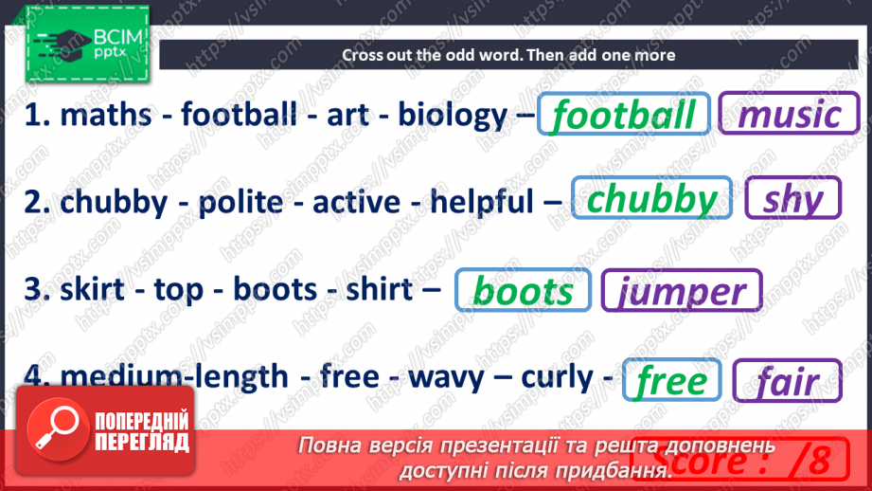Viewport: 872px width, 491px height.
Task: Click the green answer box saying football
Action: pyautogui.click(x=623, y=116)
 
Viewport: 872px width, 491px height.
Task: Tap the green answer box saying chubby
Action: pyautogui.click(x=651, y=200)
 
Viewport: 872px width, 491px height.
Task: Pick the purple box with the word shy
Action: pyautogui.click(x=792, y=200)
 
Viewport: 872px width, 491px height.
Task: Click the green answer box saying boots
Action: pyautogui.click(x=523, y=290)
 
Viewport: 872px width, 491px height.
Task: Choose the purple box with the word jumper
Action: pyautogui.click(x=682, y=290)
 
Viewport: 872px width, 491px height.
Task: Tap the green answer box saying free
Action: pyautogui.click(x=672, y=380)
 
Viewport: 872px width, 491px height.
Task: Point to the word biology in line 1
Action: pyautogui.click(x=453, y=116)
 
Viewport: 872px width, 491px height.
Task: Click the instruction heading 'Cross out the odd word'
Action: pyautogui.click(x=508, y=54)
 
